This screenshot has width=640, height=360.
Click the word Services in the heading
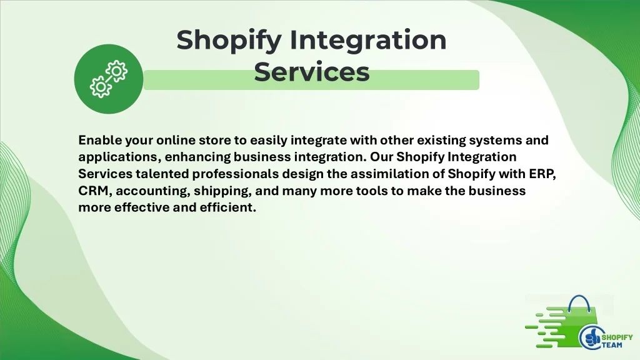pyautogui.click(x=312, y=72)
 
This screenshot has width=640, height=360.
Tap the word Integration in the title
pyautogui.click(x=368, y=41)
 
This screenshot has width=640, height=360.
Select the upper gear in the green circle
pyautogui.click(x=117, y=71)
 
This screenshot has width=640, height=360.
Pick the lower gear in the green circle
pyautogui.click(x=101, y=86)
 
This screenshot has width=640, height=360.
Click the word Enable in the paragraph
pyautogui.click(x=100, y=140)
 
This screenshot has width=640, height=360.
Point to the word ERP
pyautogui.click(x=542, y=174)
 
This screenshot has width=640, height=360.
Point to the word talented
pyautogui.click(x=162, y=174)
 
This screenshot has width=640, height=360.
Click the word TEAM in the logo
pyautogui.click(x=612, y=345)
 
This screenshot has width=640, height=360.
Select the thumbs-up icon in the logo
pyautogui.click(x=591, y=337)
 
